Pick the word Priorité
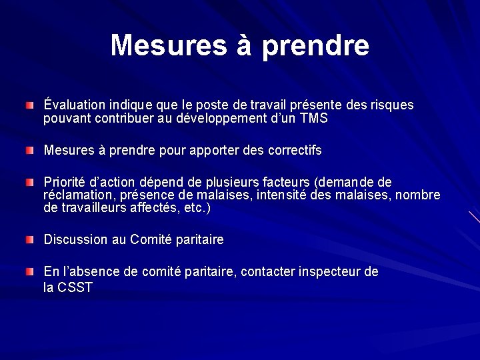(x=65, y=182)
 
